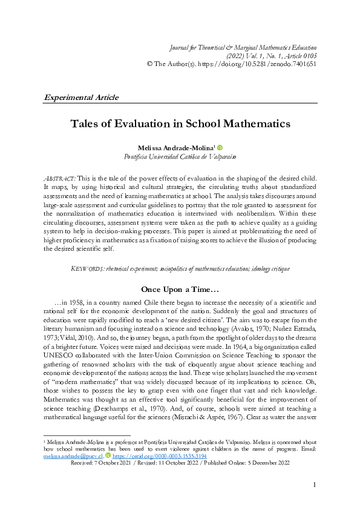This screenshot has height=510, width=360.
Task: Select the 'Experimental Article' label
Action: [81, 97]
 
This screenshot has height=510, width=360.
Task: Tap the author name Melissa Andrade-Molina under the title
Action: [175, 147]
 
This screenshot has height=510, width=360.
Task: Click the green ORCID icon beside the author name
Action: [220, 147]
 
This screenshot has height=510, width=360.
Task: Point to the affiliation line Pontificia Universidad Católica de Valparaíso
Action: [180, 156]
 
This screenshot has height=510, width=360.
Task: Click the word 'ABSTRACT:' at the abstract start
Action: [59, 180]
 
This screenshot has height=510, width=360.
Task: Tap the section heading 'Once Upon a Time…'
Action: [180, 289]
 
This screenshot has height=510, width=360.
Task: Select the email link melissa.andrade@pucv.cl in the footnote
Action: [67, 455]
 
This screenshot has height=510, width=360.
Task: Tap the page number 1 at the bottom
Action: [315, 485]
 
